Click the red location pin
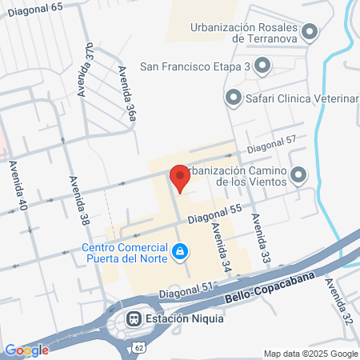pos(178,178)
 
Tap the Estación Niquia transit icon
pos(133,317)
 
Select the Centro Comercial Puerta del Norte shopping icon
pos(182,252)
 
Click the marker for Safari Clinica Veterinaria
pos(234,98)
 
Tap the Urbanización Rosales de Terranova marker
pos(310,33)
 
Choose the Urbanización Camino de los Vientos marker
pos(298,174)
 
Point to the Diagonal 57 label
pos(271,144)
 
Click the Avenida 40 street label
pos(18,186)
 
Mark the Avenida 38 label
pos(78,199)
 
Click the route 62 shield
pos(139,349)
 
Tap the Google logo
pos(26,350)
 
